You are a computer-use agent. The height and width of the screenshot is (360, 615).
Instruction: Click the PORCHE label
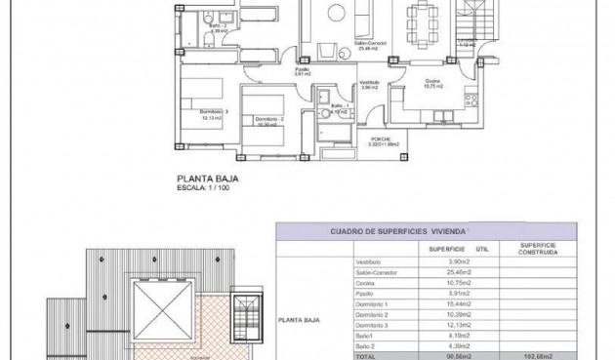(382, 139)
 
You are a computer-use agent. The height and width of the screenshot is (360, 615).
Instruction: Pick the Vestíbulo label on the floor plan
(369, 84)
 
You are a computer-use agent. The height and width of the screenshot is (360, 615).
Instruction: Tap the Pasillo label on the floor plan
(303, 70)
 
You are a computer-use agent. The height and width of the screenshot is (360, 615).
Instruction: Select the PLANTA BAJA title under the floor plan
(207, 179)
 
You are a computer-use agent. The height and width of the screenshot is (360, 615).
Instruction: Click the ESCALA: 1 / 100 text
(205, 188)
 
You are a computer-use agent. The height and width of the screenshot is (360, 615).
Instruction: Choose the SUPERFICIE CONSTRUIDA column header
(537, 249)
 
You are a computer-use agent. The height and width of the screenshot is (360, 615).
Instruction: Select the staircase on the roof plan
(244, 310)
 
